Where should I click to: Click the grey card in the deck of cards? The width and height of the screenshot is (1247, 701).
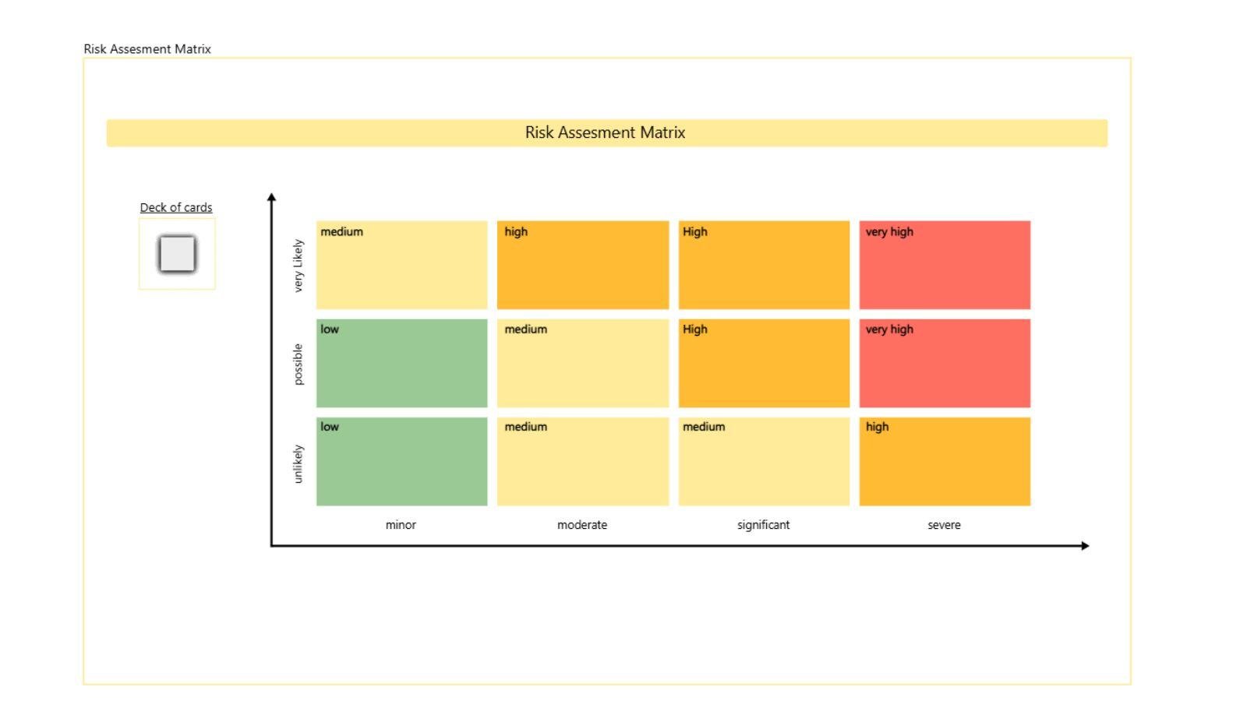[177, 254]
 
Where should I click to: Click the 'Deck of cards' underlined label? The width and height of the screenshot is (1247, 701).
[176, 207]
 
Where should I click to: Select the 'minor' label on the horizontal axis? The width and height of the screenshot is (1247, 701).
[401, 525]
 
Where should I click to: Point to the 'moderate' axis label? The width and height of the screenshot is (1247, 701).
[582, 525]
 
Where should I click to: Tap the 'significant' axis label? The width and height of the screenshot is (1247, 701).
[763, 525]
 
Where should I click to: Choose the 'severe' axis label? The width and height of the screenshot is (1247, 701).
[944, 525]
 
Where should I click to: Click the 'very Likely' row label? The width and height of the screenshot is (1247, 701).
[298, 266]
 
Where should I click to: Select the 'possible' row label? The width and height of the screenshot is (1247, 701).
[298, 364]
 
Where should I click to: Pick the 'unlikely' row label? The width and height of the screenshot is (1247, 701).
[298, 463]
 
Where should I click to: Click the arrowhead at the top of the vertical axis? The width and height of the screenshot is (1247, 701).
[271, 198]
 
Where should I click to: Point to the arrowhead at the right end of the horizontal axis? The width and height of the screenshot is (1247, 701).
[1085, 545]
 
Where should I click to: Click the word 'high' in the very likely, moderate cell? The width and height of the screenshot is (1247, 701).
[516, 231]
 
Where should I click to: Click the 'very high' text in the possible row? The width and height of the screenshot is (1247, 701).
[889, 329]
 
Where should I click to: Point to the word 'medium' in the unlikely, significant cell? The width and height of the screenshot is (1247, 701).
[704, 427]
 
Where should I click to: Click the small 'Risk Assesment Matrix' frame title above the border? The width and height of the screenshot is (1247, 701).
[147, 48]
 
